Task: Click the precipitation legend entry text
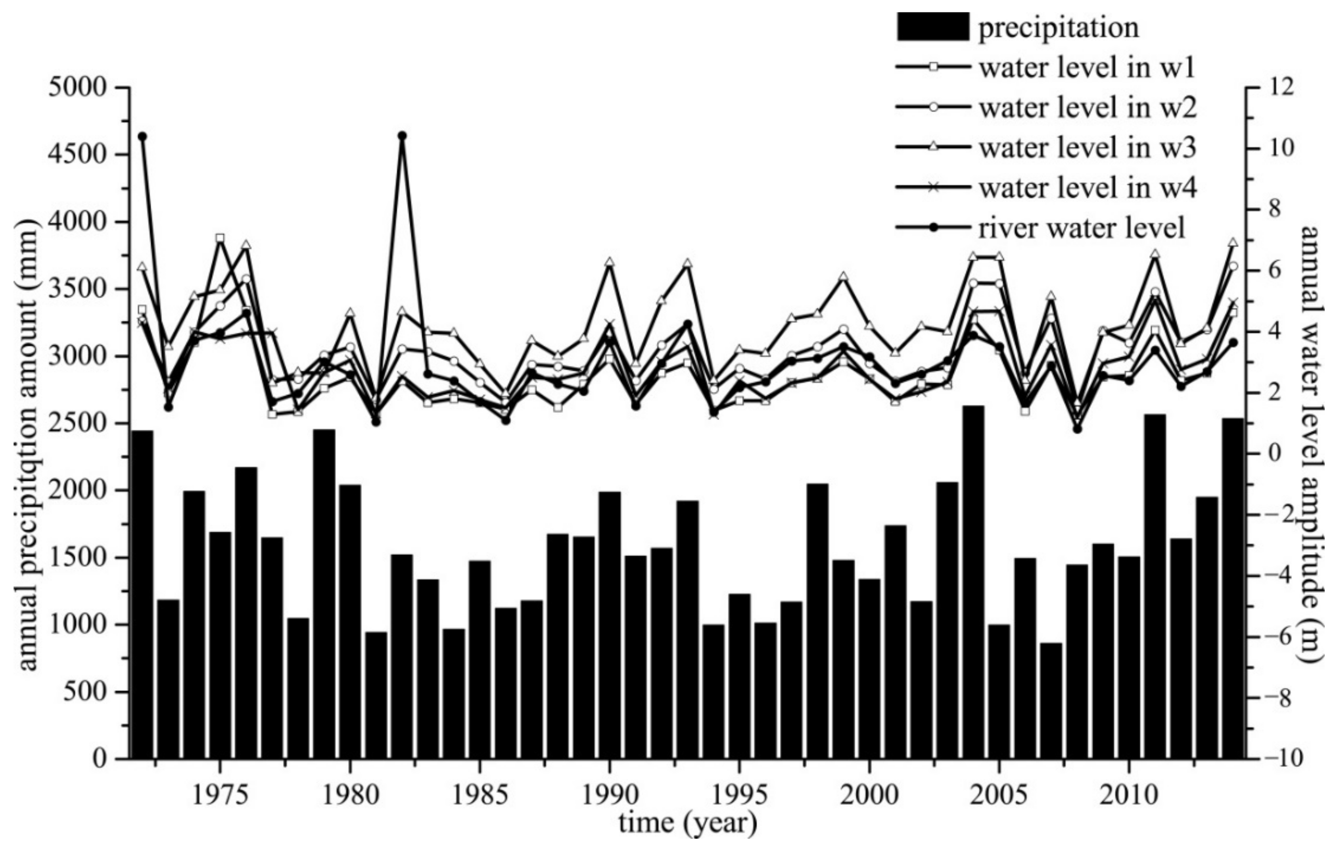coord(1058,28)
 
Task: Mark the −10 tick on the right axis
coord(1284,759)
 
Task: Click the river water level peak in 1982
coord(402,136)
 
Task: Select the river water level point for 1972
coord(142,136)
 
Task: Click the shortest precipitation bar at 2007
coord(1051,701)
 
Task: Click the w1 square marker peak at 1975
coord(220,238)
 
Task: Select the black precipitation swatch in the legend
coord(932,27)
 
